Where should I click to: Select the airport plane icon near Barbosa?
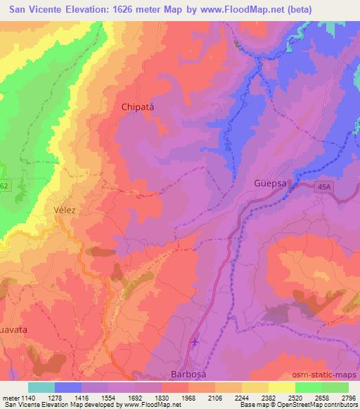pyautogui.click(x=196, y=343)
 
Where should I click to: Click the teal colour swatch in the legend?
pyautogui.click(x=41, y=387)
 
